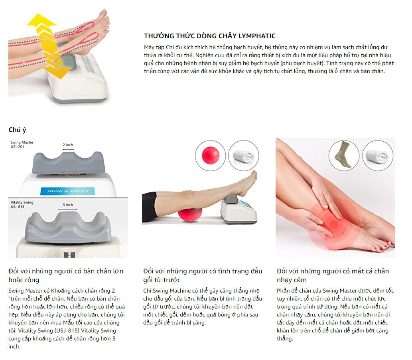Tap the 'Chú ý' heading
[x=17, y=130]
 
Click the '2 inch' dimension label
[x=68, y=145]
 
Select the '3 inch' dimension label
[x=68, y=205]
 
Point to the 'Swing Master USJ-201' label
[x=22, y=144]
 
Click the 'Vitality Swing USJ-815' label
[x=22, y=204]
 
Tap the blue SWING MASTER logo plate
[x=67, y=191]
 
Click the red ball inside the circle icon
[x=210, y=155]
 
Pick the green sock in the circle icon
[x=343, y=154]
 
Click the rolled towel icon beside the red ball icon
[x=243, y=156]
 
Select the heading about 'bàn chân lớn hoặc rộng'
[x=66, y=275]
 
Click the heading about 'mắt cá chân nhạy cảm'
[x=333, y=275]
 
